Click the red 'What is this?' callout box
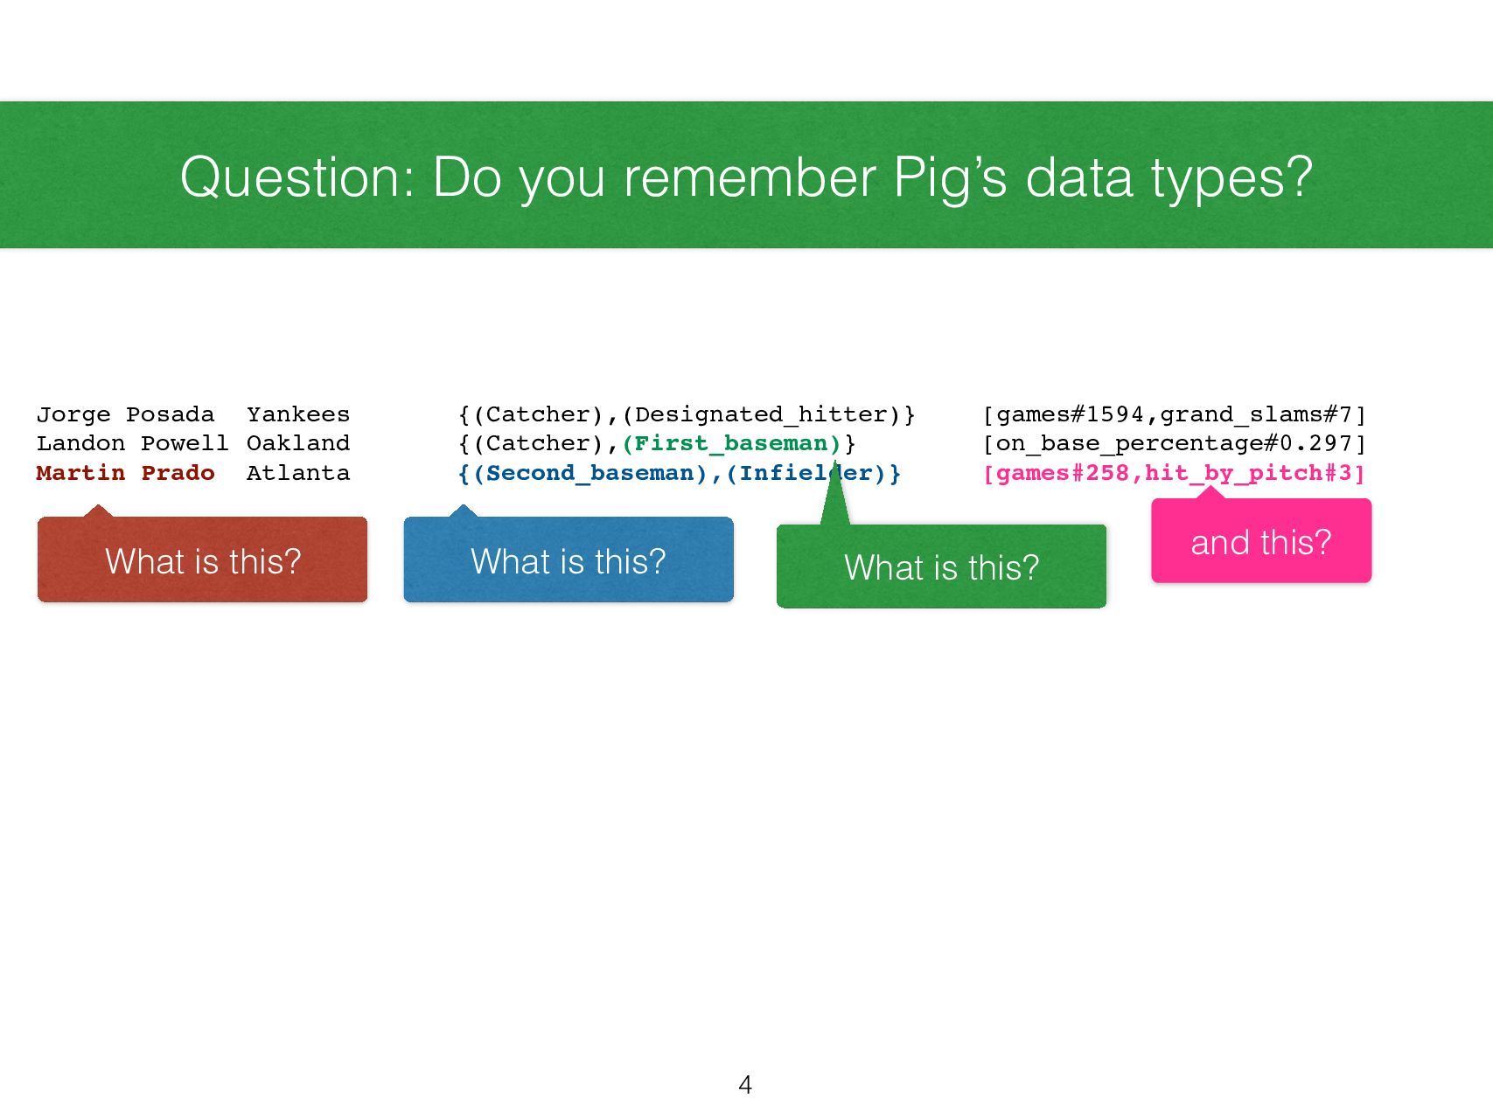[202, 559]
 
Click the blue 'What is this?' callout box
[569, 559]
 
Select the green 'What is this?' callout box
[941, 566]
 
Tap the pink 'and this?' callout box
[1260, 541]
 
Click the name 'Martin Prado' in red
[125, 473]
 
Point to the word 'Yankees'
[297, 414]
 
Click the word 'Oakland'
[297, 443]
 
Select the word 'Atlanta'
[297, 473]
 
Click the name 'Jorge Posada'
[125, 414]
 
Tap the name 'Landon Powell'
[132, 443]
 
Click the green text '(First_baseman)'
[731, 443]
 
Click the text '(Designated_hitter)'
[761, 414]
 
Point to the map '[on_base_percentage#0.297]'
[1174, 443]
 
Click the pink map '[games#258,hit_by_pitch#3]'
[1174, 473]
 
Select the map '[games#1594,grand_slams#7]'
[1174, 414]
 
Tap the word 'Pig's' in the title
[950, 177]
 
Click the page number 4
[745, 1085]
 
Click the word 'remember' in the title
[749, 177]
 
